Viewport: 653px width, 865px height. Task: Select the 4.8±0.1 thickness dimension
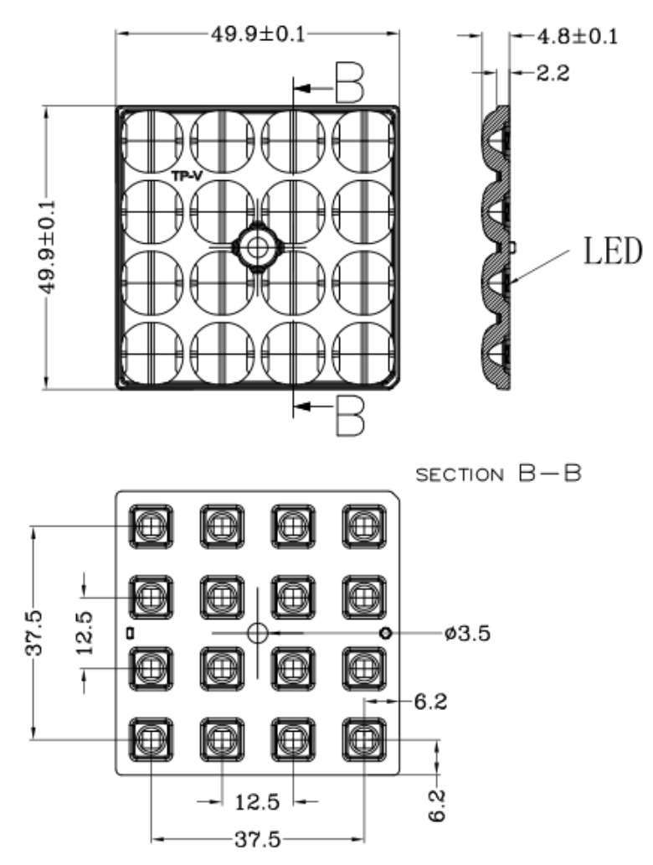click(576, 37)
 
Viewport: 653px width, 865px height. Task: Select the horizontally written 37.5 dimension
click(258, 839)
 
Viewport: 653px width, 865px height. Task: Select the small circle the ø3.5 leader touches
click(385, 633)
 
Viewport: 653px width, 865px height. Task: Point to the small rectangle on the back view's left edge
click(131, 629)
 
